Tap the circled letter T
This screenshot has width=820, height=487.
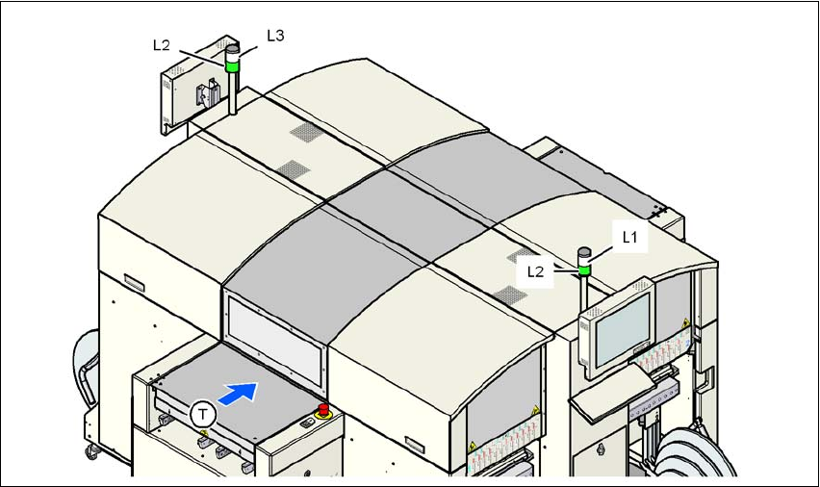coord(202,415)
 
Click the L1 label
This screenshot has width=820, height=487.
coord(629,236)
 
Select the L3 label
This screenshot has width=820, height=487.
coord(275,35)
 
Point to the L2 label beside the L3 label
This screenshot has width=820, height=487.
coord(163,44)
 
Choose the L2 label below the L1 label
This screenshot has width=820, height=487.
coord(537,271)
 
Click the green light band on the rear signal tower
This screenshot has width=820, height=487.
coord(232,67)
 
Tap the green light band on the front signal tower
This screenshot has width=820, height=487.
coord(583,270)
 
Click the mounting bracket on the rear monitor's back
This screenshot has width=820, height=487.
coord(204,95)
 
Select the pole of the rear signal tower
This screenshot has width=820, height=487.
coord(233,96)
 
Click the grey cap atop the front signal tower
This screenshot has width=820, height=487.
coord(583,254)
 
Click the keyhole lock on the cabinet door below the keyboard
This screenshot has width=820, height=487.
coord(602,448)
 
